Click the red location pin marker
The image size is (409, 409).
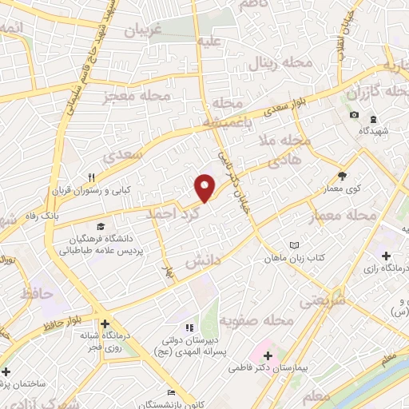tap(205, 187)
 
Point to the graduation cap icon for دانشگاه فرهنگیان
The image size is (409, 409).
tap(100, 226)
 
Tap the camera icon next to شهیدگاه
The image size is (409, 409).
tap(354, 116)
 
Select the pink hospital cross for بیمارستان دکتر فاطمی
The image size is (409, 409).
tap(267, 354)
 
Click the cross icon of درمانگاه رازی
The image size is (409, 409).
tap(387, 256)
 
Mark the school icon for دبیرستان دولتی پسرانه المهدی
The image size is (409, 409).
tap(189, 328)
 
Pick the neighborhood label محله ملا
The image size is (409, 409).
tap(290, 140)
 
